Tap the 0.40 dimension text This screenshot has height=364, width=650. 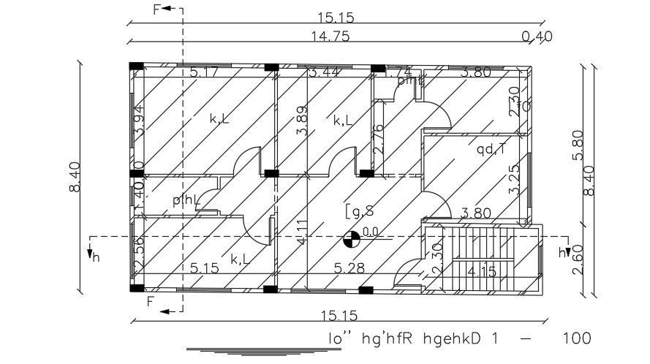pos(537,36)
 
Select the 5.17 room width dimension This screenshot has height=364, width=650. pos(204,72)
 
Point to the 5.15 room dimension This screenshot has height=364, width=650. pos(205,268)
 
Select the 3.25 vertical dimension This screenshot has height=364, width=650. pos(515,179)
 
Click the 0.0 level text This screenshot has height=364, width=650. pos(371,233)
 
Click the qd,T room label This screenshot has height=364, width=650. pos(491,151)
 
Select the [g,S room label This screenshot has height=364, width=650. pos(360,211)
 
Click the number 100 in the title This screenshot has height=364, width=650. pos(576,338)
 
